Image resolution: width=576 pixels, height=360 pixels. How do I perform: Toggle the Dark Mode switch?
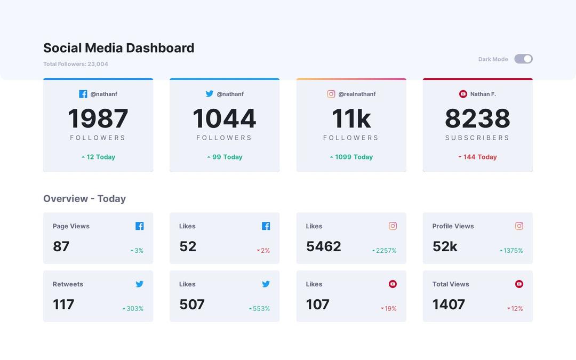(x=523, y=59)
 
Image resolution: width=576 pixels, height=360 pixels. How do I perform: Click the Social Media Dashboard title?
(x=118, y=48)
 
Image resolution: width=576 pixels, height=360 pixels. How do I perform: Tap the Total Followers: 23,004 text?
(x=76, y=64)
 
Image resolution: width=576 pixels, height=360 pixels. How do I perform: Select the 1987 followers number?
(x=98, y=118)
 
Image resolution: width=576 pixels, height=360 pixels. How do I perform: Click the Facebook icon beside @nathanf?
(x=83, y=94)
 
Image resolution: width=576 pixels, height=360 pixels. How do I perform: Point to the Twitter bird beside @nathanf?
(x=210, y=94)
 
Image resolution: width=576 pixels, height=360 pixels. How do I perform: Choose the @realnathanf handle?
(x=357, y=94)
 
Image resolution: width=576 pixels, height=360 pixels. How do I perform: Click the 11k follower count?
(x=351, y=118)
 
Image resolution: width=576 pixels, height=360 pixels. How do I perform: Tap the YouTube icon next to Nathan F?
(x=463, y=94)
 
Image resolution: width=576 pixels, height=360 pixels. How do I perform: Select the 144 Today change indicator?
(x=478, y=157)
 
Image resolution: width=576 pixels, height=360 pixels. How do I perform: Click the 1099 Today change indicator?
(x=351, y=157)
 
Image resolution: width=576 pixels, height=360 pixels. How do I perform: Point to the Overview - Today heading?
(x=84, y=198)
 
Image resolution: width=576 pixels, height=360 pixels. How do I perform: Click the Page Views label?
(x=71, y=226)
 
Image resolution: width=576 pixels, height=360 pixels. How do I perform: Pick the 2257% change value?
(x=386, y=251)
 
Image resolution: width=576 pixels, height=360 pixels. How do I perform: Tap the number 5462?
(x=323, y=246)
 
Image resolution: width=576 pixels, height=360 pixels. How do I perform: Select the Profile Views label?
(x=453, y=226)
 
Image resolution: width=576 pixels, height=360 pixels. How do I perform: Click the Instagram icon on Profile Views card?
(x=519, y=226)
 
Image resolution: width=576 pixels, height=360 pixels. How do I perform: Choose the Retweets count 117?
(x=63, y=305)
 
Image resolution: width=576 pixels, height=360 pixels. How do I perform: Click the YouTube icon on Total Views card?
(x=519, y=284)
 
